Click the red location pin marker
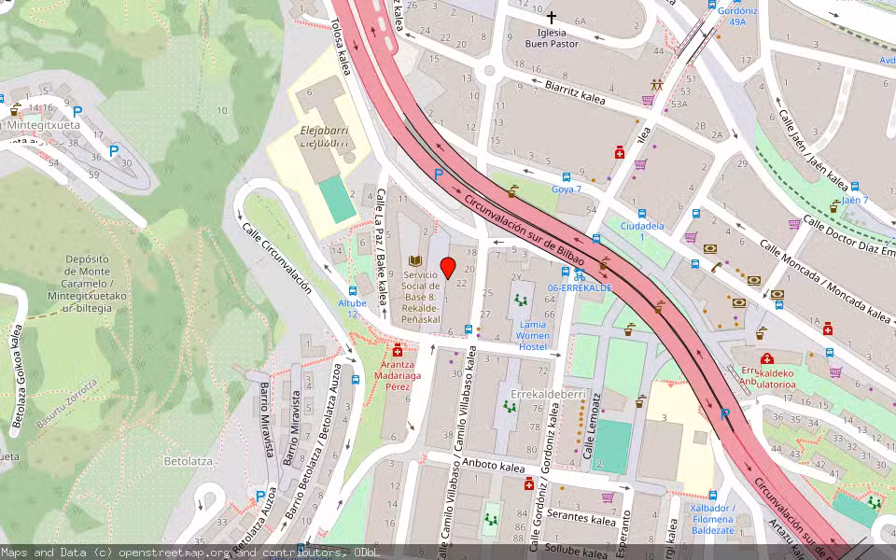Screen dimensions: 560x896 coord(448,268)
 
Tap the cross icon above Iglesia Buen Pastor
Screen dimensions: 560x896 coord(551,18)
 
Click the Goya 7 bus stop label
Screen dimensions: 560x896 coord(567,189)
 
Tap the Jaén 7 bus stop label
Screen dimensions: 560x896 coord(855,201)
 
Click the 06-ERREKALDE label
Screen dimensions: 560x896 coord(580,288)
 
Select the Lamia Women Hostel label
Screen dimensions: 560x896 coord(533,335)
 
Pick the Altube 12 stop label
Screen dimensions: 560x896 coord(352,309)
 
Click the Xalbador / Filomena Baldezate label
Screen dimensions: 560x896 coord(713,519)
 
